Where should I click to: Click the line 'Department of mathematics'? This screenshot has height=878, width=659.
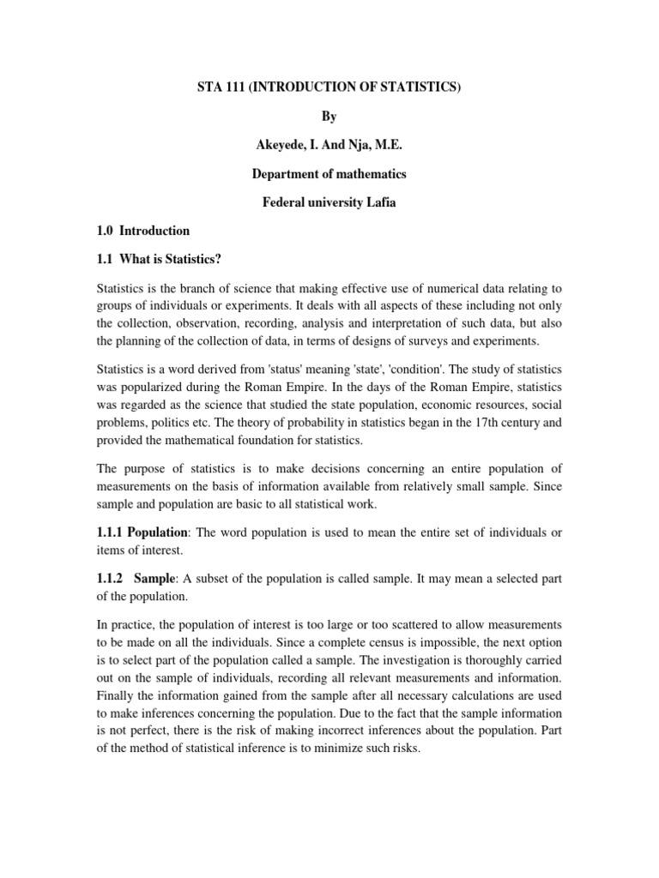coord(329,174)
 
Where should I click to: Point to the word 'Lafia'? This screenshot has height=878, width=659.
coord(378,202)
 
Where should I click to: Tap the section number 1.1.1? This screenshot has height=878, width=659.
coord(111,532)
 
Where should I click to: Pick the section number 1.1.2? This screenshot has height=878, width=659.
coord(111,579)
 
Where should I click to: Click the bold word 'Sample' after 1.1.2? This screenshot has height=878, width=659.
coord(154,579)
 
